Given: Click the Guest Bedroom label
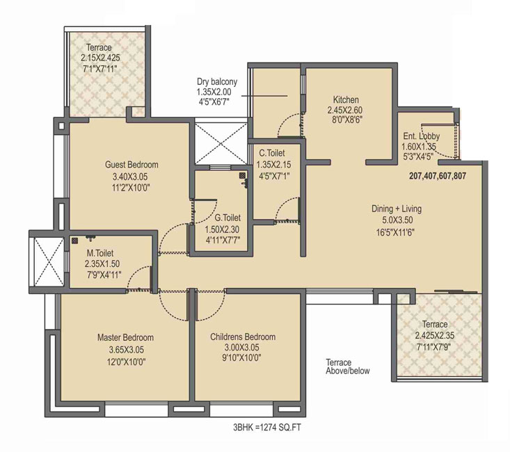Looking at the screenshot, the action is click(x=132, y=165).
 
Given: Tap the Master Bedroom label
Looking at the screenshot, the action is click(x=125, y=337).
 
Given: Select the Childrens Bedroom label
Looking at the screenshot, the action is click(x=243, y=337).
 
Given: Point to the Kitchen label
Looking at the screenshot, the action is click(x=346, y=99).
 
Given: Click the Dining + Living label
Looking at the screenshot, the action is click(x=397, y=209).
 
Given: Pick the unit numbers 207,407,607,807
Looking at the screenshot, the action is click(x=438, y=176).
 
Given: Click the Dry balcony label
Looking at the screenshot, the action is click(x=217, y=81).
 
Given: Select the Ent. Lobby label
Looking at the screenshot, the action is click(x=421, y=136).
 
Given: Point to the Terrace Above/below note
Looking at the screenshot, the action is click(x=348, y=366).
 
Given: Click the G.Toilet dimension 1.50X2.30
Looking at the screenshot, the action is click(x=221, y=229).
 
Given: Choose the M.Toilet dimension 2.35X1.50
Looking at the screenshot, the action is click(x=102, y=264).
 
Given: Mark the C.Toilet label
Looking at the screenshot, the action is click(x=272, y=153).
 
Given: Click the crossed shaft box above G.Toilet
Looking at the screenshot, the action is click(x=221, y=143).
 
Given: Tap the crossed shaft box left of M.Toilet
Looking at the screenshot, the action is click(x=49, y=262).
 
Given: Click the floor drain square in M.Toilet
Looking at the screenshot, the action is click(x=75, y=241).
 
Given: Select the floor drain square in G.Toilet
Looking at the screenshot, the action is click(x=242, y=176).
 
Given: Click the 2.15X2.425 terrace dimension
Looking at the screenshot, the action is click(x=100, y=58).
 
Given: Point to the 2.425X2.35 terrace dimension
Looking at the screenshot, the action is click(x=435, y=335).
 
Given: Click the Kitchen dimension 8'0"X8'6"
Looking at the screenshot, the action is click(x=345, y=120).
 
